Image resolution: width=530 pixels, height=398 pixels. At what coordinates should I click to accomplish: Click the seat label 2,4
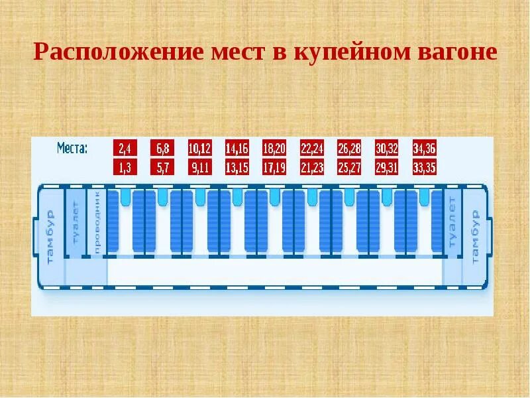125,148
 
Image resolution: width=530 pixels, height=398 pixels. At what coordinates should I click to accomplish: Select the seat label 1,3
125,167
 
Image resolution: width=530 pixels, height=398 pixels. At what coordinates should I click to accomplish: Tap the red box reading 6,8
162,148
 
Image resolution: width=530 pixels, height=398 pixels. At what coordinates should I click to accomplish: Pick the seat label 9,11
199,167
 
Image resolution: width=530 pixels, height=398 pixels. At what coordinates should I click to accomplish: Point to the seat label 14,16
237,148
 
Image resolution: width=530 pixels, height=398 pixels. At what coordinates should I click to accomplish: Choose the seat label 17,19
274,167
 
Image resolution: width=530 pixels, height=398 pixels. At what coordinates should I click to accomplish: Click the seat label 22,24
311,148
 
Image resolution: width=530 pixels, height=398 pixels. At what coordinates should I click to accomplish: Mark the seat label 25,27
348,167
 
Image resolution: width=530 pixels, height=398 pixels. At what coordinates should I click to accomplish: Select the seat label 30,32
386,148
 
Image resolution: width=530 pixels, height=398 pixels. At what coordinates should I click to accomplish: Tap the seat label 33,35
424,167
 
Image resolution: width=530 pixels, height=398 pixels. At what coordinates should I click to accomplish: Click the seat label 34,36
424,148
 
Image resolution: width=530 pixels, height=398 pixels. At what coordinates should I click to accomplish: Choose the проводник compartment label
97,222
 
